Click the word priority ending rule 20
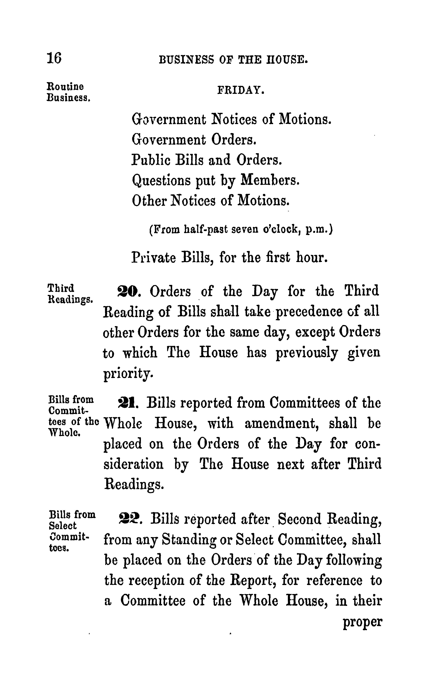(x=128, y=373)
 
